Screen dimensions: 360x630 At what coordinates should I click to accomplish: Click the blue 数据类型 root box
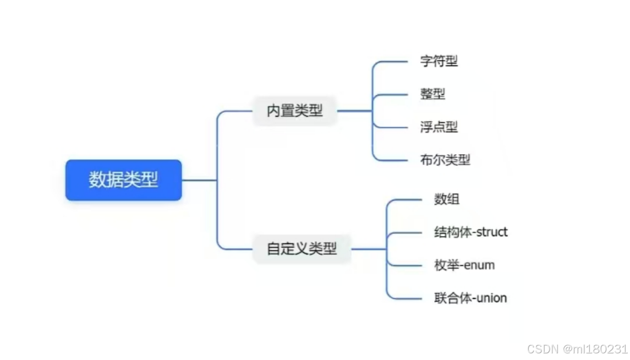pyautogui.click(x=123, y=180)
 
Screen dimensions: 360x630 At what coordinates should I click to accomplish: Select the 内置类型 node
pyautogui.click(x=294, y=111)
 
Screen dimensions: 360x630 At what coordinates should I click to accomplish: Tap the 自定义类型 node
pyautogui.click(x=302, y=249)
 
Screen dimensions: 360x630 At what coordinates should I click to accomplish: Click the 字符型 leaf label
pyautogui.click(x=439, y=61)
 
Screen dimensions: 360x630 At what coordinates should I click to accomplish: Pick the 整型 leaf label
pyautogui.click(x=432, y=94)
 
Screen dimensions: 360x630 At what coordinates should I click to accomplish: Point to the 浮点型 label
pyautogui.click(x=439, y=127)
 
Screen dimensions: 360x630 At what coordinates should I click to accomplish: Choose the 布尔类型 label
pyautogui.click(x=445, y=160)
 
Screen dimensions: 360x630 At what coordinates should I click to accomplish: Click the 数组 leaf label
pyautogui.click(x=446, y=199)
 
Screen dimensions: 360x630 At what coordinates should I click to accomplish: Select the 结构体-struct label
pyautogui.click(x=470, y=232)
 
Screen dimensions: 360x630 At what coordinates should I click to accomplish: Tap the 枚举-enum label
pyautogui.click(x=464, y=265)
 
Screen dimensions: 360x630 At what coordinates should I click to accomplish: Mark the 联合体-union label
pyautogui.click(x=470, y=298)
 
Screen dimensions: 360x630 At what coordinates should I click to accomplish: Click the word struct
pyautogui.click(x=492, y=232)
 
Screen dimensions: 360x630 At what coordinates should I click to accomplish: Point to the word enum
pyautogui.click(x=479, y=265)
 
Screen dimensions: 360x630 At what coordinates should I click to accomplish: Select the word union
pyautogui.click(x=491, y=298)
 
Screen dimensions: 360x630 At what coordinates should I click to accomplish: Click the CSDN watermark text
pyautogui.click(x=543, y=349)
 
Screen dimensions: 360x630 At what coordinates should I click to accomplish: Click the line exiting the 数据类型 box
pyautogui.click(x=199, y=180)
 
